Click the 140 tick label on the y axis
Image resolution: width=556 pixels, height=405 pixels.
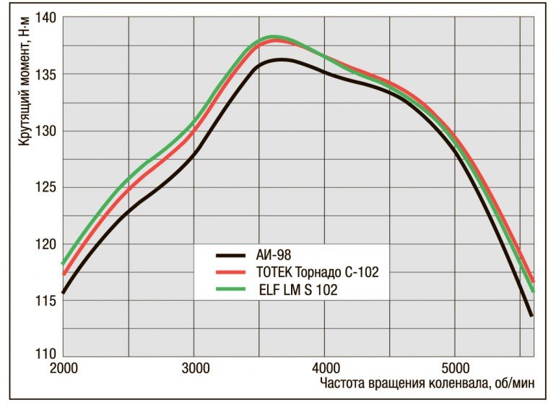pyautogui.click(x=47, y=18)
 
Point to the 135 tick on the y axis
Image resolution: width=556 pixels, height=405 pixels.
pyautogui.click(x=47, y=74)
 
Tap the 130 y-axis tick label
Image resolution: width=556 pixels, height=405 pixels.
pyautogui.click(x=47, y=131)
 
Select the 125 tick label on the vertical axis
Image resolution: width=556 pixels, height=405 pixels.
pyautogui.click(x=47, y=187)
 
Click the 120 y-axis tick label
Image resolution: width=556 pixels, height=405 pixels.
pyautogui.click(x=47, y=244)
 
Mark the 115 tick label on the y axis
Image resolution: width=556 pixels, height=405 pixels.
pyautogui.click(x=47, y=300)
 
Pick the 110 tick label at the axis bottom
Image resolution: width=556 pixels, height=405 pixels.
pyautogui.click(x=47, y=355)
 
